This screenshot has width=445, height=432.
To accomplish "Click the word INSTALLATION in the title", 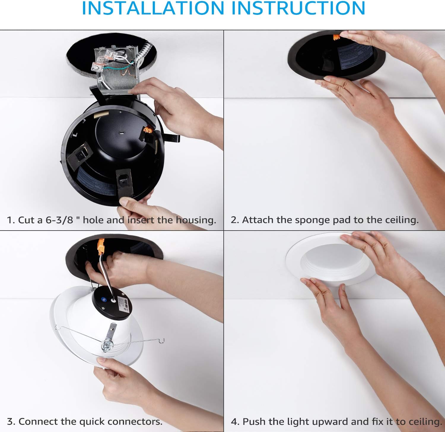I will click(153, 8).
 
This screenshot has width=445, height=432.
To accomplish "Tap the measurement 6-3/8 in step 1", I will click(59, 220).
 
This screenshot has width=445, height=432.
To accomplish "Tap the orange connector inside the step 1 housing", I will click(148, 130).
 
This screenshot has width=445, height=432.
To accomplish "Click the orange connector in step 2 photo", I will click(336, 37).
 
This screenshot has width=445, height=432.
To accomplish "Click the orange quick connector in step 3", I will click(101, 247).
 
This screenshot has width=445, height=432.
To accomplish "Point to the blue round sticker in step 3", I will click(104, 299).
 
